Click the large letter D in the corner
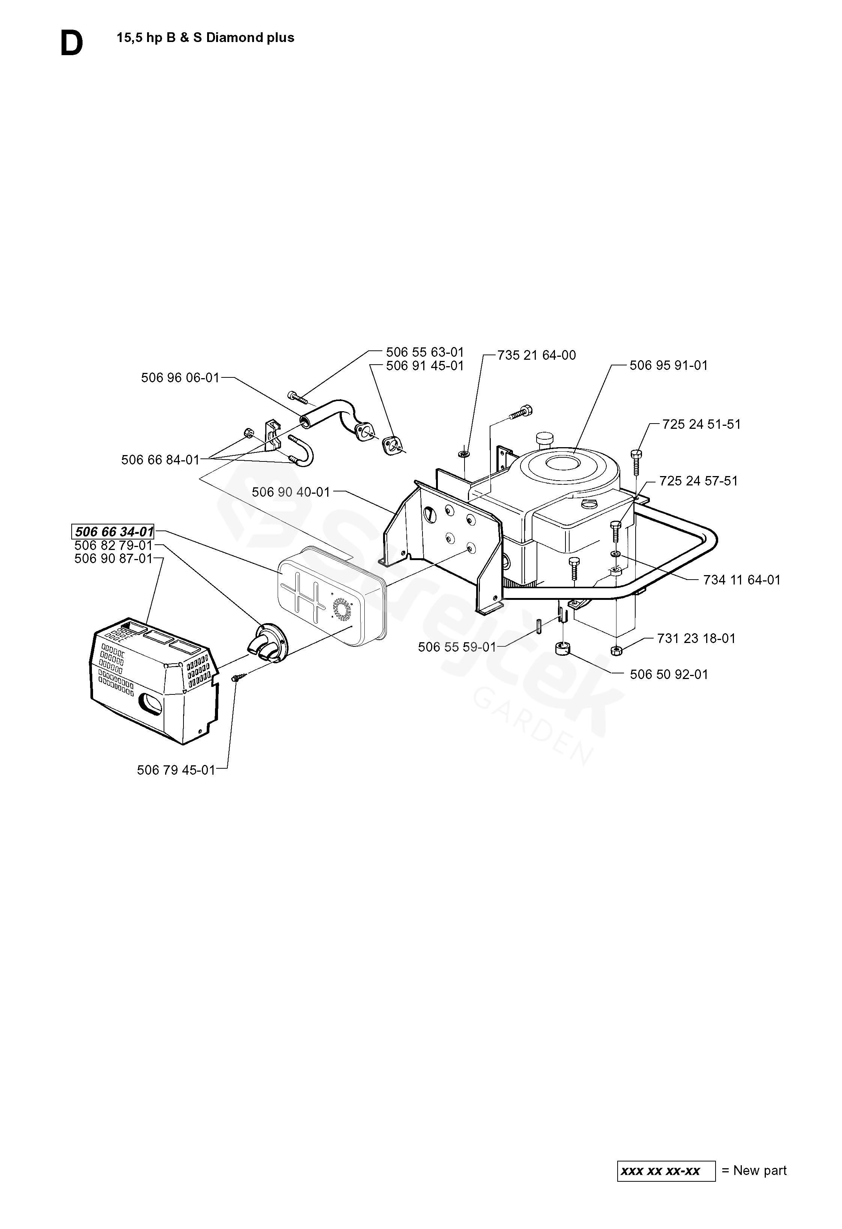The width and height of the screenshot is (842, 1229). [71, 44]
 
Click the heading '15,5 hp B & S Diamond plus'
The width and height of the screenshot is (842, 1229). [205, 38]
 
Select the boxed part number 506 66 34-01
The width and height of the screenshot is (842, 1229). [113, 532]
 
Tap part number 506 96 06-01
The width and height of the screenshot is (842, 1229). [180, 377]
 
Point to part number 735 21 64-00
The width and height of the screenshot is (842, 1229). [536, 355]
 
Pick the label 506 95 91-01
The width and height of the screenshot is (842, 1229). [668, 365]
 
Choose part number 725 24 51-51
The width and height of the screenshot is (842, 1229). [701, 424]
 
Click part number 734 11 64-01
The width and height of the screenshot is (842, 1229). [741, 580]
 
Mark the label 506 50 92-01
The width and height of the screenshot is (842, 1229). [669, 674]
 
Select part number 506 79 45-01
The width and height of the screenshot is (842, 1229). [176, 770]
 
